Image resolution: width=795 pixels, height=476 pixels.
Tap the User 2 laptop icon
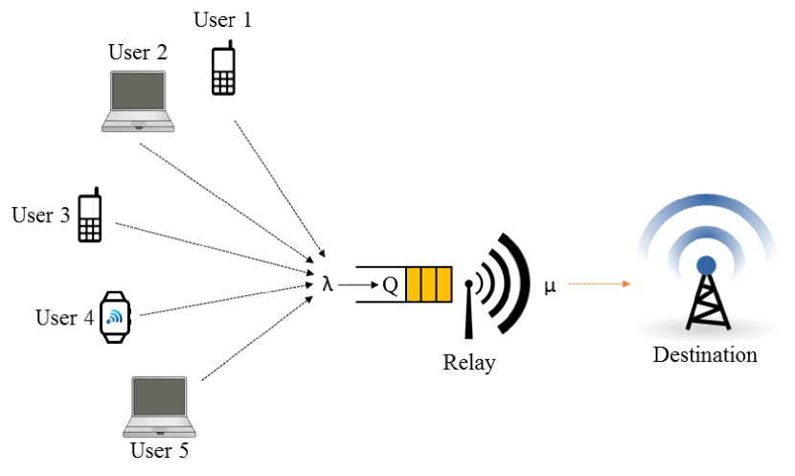[x=138, y=102]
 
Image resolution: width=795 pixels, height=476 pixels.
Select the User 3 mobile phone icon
[x=90, y=215]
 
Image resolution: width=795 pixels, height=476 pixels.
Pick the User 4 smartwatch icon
[x=115, y=317]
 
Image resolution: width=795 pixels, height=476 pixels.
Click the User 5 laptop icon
[x=159, y=406]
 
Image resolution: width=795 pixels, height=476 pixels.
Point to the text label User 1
[x=222, y=20]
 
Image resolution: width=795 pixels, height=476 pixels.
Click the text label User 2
[x=137, y=53]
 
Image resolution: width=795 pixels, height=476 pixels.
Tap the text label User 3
[x=40, y=215]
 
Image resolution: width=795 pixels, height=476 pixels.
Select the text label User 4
[x=64, y=318]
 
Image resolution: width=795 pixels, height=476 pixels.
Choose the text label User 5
[x=159, y=450]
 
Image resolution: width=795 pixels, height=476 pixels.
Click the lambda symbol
[x=328, y=283]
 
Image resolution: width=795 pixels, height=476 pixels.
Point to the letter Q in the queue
[x=391, y=284]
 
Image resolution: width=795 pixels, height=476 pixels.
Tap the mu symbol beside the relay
[x=550, y=287]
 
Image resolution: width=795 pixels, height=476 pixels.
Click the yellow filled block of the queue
[x=428, y=284]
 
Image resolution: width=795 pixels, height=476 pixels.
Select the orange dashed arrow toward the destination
[x=599, y=283]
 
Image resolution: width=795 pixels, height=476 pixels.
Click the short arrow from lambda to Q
[x=358, y=284]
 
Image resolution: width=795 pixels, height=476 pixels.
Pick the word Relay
[x=469, y=363]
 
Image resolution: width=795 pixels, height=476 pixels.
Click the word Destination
[x=705, y=355]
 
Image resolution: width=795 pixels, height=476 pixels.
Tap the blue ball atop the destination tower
[x=706, y=265]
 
